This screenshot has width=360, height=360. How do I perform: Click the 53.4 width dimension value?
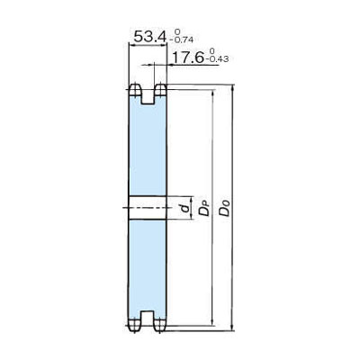[x=149, y=37]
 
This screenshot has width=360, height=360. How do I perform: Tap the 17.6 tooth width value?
[x=187, y=57]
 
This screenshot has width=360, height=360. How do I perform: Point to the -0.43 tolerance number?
[x=217, y=58]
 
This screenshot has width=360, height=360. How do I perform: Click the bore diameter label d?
[x=186, y=208]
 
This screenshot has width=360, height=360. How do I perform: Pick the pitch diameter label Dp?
[x=203, y=208]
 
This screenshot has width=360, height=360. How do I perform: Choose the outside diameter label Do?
[x=224, y=208]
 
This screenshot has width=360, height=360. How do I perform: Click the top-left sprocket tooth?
[x=135, y=90]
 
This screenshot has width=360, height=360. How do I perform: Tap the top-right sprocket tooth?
[x=160, y=90]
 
